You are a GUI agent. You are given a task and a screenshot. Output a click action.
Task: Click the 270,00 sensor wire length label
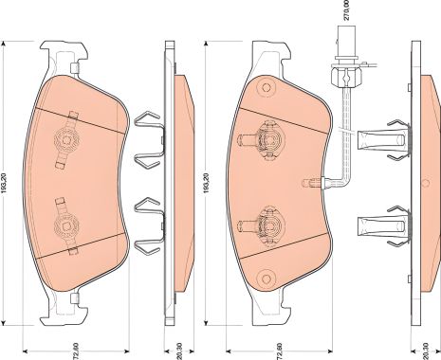point(348,14)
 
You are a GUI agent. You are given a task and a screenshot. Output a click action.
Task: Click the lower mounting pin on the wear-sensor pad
point(268,225)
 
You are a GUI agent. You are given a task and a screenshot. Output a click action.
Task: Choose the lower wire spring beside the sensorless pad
point(146,226)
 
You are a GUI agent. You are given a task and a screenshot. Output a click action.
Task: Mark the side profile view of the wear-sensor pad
point(423,180)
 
